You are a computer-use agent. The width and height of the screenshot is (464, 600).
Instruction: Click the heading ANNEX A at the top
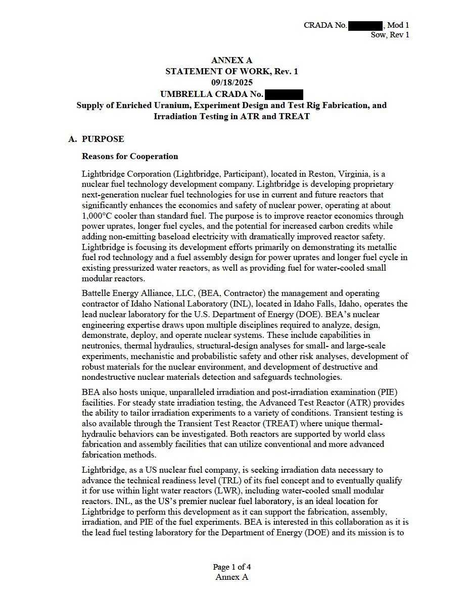click(231, 61)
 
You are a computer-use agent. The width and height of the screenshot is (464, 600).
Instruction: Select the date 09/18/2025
click(231, 82)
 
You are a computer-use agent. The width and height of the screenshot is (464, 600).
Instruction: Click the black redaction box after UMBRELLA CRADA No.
click(284, 94)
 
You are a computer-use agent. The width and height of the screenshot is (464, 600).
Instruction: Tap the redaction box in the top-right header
click(365, 25)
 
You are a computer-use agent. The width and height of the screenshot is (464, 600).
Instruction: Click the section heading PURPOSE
click(103, 139)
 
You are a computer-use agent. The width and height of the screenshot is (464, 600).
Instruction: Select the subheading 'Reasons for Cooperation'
click(130, 157)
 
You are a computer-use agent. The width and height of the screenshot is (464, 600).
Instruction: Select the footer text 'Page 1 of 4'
click(231, 567)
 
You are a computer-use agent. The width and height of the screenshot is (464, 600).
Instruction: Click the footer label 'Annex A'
click(231, 577)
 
